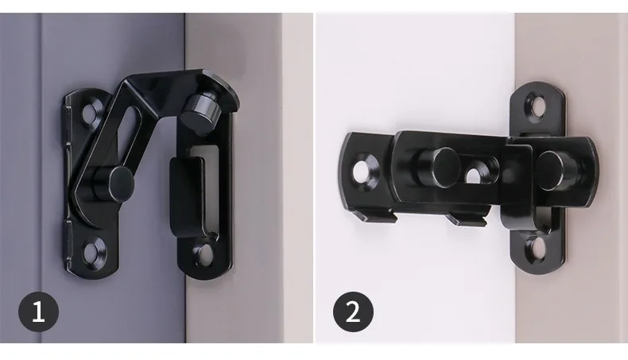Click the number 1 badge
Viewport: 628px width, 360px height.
tap(38, 312)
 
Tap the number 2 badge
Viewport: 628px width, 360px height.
tap(353, 312)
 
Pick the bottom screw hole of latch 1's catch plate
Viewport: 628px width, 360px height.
tap(206, 254)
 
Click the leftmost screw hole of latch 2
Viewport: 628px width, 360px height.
tap(362, 170)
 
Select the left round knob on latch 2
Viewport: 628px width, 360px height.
tap(440, 167)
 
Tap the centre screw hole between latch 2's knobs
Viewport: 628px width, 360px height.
tap(475, 173)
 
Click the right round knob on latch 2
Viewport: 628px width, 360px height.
tap(556, 170)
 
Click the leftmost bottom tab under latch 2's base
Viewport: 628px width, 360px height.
tap(377, 216)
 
